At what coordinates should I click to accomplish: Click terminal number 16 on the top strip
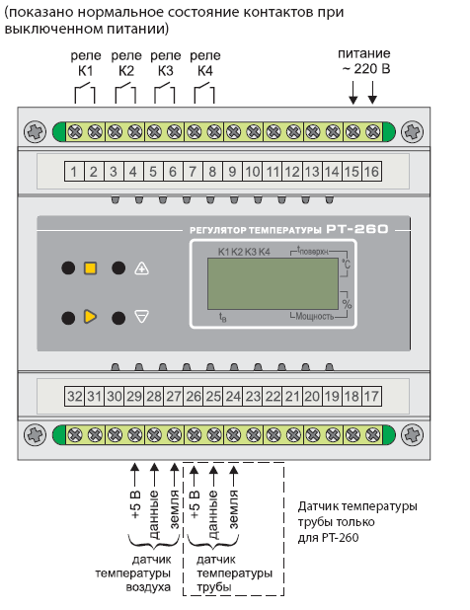[371, 172]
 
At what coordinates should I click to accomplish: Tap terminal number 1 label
[74, 172]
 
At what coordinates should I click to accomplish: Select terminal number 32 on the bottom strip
[74, 397]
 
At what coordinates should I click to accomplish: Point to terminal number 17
[371, 397]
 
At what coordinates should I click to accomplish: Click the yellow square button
[90, 268]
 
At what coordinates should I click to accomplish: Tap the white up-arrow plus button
[141, 268]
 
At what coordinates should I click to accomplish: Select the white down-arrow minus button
[141, 317]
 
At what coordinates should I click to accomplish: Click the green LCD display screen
[273, 284]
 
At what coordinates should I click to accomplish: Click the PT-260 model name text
[356, 229]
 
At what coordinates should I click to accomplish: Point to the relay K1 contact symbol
[85, 93]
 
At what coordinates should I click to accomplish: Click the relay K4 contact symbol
[204, 93]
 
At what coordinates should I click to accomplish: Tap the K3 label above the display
[251, 252]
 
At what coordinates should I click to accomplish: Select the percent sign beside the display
[347, 303]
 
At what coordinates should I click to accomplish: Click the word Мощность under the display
[314, 316]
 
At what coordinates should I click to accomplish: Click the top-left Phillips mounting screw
[35, 131]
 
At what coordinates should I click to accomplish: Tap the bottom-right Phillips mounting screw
[412, 434]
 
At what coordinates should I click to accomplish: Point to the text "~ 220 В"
[365, 69]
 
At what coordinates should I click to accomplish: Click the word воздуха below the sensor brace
[148, 587]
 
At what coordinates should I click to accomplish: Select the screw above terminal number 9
[234, 132]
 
